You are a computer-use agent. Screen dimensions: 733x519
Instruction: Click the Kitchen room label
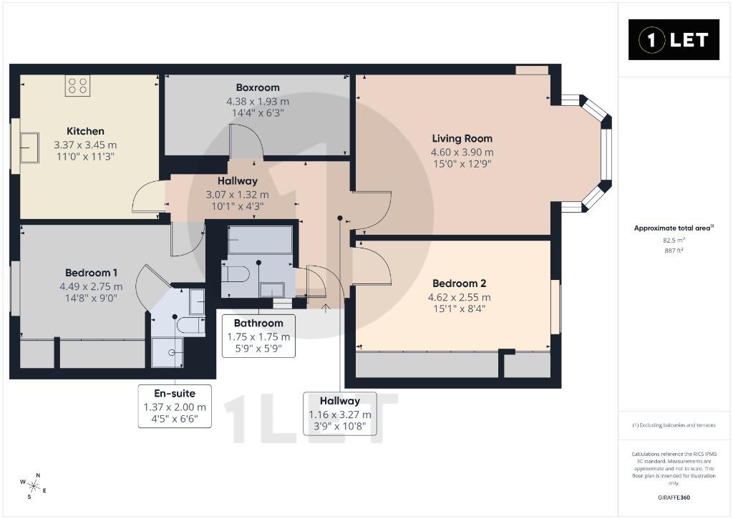pos(85,132)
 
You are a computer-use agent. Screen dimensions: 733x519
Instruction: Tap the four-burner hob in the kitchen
pos(77,86)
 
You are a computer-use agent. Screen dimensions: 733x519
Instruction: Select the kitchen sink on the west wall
pos(29,147)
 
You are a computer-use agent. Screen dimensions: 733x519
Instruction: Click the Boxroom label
pos(258,87)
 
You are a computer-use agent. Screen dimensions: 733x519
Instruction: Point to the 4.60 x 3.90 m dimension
pos(462,152)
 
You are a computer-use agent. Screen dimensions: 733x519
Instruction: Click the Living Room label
pos(462,138)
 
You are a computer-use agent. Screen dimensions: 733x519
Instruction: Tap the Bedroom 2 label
pos(459,283)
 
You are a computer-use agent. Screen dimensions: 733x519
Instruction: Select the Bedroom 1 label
pos(91,273)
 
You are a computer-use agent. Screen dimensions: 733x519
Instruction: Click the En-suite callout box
pos(175,407)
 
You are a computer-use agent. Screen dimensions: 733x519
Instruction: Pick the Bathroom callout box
pos(258,336)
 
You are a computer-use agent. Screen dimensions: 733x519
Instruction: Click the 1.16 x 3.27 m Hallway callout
pos(340,414)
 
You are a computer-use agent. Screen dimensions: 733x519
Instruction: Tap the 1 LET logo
pos(674,40)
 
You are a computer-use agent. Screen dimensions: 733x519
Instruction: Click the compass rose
pos(33,486)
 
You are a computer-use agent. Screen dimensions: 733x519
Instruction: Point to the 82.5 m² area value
pos(674,241)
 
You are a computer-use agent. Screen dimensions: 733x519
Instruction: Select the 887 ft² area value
pos(674,251)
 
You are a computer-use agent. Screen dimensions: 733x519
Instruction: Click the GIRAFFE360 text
pos(674,498)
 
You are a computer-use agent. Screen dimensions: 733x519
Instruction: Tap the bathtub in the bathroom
pos(260,241)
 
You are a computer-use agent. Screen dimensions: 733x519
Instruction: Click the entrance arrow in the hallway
pos(326,309)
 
